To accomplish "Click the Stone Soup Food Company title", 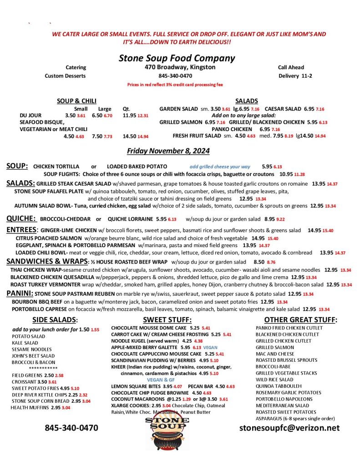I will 177,58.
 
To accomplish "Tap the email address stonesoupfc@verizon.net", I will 289,428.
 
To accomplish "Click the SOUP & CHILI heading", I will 76,101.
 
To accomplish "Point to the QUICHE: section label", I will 21,219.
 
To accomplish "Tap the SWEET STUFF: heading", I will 167,320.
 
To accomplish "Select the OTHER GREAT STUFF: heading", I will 300,320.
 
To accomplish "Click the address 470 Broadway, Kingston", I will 177,67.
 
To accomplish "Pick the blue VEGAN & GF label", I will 161,380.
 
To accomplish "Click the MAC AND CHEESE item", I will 275,354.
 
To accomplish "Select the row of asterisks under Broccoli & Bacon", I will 43,368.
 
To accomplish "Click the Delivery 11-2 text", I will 295,76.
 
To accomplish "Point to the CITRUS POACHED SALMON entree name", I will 49,238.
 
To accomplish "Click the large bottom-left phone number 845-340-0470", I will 71,428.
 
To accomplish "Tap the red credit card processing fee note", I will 175,85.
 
